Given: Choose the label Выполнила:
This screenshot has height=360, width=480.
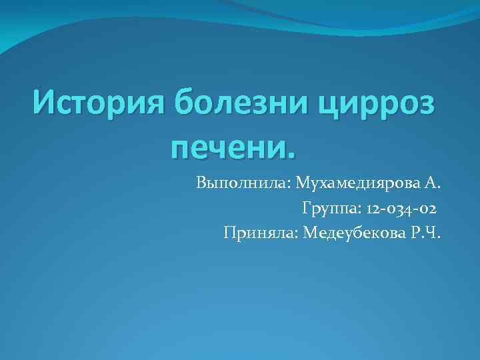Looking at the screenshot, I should (243, 183).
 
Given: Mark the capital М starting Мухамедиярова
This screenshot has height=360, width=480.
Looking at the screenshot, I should (303, 183).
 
